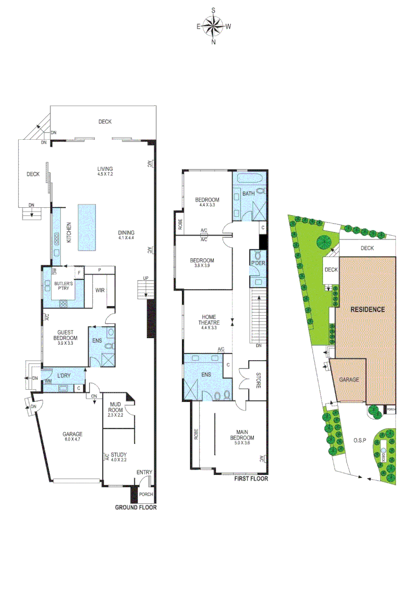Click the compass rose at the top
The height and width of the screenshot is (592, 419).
(x=213, y=26)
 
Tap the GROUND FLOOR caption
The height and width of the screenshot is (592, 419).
(x=135, y=508)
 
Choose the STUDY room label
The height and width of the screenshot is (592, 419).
(x=118, y=454)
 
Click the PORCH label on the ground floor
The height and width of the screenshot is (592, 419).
(x=145, y=494)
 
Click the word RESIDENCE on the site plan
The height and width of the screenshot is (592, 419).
(x=368, y=309)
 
